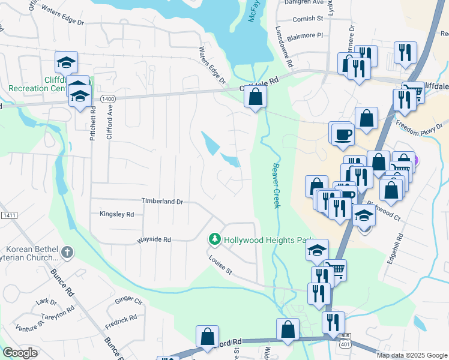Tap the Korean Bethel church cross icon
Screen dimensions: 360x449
coord(67,252)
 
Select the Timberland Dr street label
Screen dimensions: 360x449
coord(161,202)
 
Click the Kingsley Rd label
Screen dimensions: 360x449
coord(116,214)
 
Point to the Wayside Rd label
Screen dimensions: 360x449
coord(154,239)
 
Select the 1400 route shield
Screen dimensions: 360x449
coord(108,98)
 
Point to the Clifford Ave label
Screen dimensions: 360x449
coord(109,123)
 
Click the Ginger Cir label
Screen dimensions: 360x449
coord(128,299)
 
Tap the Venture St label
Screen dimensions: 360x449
coord(29,326)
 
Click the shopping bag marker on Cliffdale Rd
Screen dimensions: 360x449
coord(256,97)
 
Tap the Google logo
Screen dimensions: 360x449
coord(20,353)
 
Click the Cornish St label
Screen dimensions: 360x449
coord(307,19)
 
